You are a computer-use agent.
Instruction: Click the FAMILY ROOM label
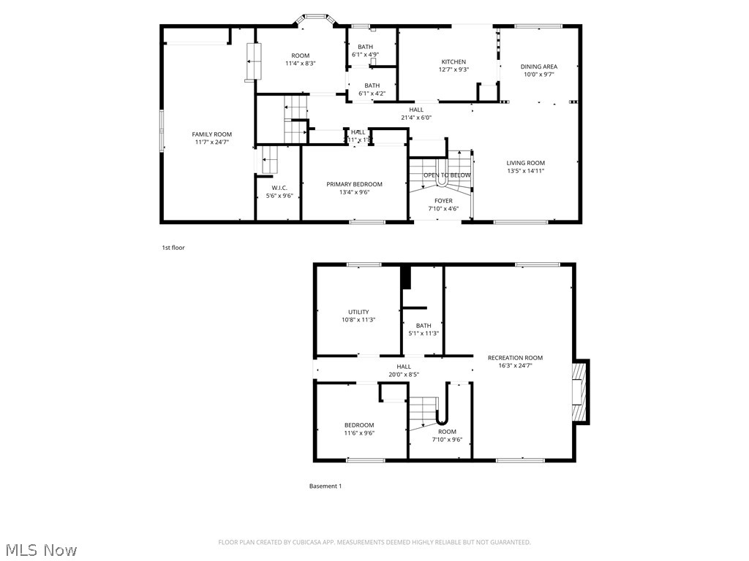[212, 134]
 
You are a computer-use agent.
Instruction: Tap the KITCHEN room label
[453, 62]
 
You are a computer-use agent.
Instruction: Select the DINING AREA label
[539, 66]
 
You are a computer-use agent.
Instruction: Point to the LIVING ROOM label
[526, 163]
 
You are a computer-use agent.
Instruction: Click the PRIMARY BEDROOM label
[354, 184]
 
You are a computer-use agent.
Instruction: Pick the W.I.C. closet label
[279, 188]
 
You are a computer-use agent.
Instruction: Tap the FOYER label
[443, 201]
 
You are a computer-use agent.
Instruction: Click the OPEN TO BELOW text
[447, 175]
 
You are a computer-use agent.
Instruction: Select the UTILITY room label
[358, 312]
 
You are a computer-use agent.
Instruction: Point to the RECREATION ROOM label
[516, 357]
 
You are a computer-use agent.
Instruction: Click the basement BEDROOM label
[359, 425]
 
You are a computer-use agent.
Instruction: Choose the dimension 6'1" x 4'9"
[365, 55]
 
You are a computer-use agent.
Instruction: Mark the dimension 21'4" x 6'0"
[416, 118]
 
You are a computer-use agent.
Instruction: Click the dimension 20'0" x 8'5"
[403, 375]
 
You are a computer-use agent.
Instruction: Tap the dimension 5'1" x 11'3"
[424, 334]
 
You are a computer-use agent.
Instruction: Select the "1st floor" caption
[173, 248]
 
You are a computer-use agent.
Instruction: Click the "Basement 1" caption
[325, 486]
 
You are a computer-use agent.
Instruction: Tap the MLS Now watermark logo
[40, 549]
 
